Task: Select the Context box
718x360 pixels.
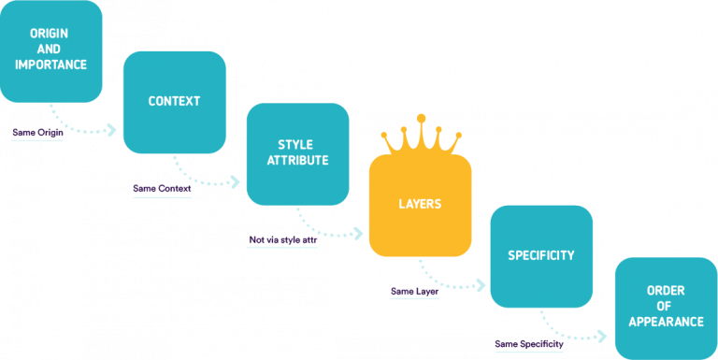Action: point(174,101)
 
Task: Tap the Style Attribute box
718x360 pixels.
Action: point(297,152)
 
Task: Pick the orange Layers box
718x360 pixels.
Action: point(420,205)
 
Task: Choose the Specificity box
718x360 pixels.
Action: point(541,255)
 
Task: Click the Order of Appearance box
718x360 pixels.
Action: point(666,306)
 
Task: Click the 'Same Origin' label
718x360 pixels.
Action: point(36,133)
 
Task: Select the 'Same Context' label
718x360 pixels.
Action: point(162,189)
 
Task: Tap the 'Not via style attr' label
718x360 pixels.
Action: point(282,240)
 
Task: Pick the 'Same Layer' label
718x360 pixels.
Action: point(415,292)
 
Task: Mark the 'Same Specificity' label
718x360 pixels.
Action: point(529,344)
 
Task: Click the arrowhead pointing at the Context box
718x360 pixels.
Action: point(112,130)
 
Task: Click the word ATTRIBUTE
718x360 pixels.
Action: point(297,161)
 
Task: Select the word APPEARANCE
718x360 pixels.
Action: point(666,322)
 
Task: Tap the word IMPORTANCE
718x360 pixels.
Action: point(50,65)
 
